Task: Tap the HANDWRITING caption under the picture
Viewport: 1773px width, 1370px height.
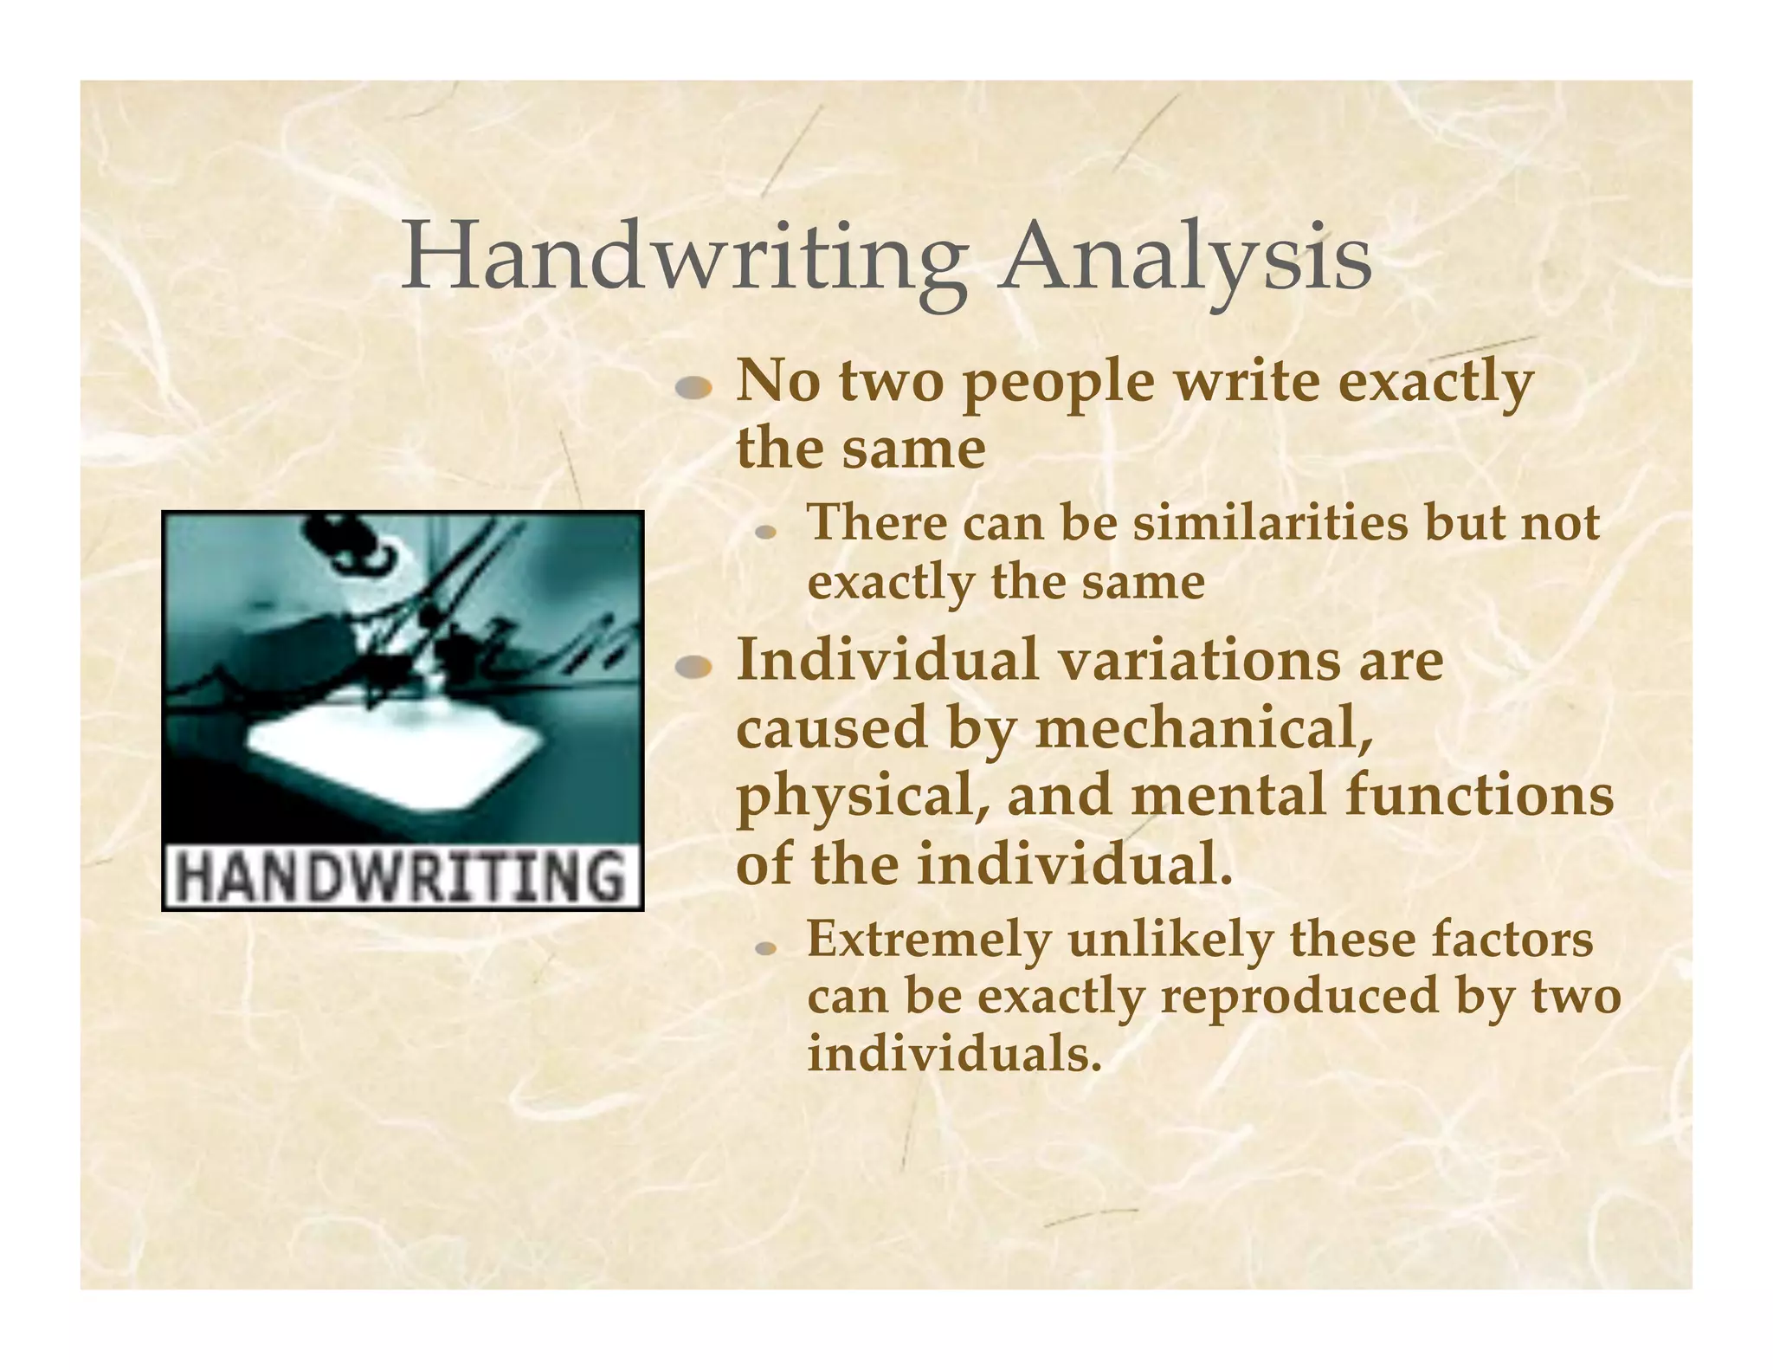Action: (403, 876)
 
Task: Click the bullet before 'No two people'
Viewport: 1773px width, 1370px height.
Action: (693, 389)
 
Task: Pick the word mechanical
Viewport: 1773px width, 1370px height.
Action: (1204, 728)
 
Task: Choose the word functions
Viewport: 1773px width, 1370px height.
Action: (1480, 796)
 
